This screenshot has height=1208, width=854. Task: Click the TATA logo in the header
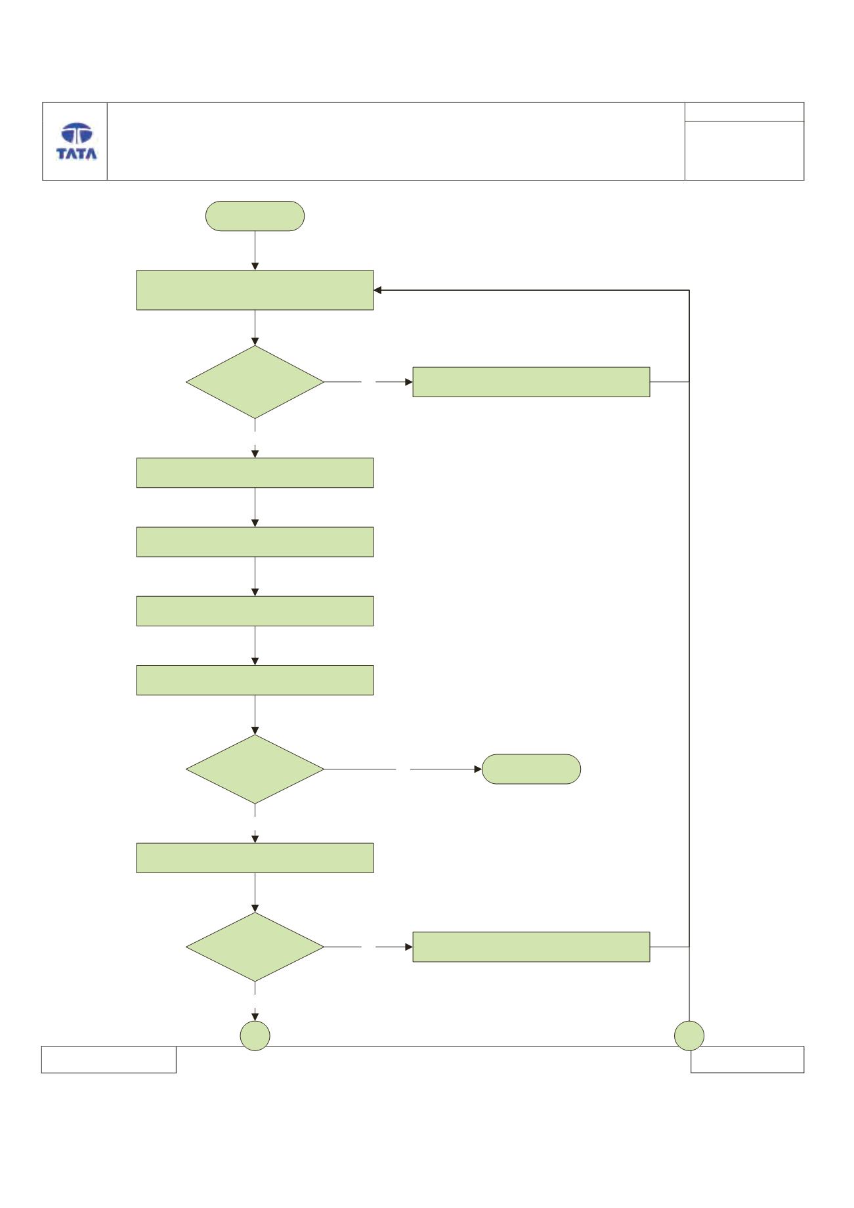coord(77,141)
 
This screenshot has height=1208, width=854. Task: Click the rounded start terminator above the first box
coord(255,216)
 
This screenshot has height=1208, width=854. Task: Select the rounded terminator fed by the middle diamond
coord(531,769)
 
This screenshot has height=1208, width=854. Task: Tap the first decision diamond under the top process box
coord(255,382)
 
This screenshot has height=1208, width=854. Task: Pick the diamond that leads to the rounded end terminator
coord(255,769)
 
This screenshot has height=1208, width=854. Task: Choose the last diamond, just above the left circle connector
coord(255,947)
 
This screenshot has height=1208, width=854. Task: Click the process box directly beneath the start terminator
coord(255,290)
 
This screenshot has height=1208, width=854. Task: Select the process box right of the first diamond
coord(531,382)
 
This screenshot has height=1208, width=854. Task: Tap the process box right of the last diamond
coord(531,947)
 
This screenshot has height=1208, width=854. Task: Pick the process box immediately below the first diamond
coord(255,473)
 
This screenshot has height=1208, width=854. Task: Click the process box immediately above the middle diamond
coord(255,680)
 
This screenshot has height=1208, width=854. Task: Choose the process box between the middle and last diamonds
coord(255,858)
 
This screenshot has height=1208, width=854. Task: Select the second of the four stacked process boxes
coord(255,542)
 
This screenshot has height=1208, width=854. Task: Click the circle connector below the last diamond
coord(255,1036)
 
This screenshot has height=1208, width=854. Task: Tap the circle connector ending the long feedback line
coord(689,1036)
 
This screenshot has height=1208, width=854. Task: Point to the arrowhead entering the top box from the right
coord(378,290)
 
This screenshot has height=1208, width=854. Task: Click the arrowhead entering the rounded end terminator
coord(478,769)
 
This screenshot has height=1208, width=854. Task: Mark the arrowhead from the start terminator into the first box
coord(255,266)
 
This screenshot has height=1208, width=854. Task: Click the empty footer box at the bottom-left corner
coord(109,1060)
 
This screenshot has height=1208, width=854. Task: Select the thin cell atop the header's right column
coord(744,112)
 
